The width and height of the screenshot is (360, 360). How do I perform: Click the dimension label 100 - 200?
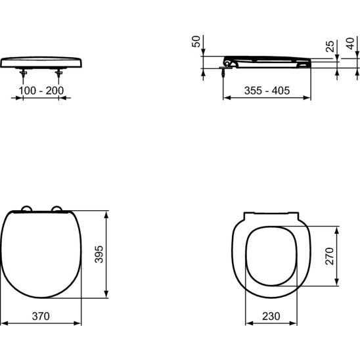(x=41, y=91)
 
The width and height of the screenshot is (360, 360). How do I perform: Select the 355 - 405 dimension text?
(x=267, y=91)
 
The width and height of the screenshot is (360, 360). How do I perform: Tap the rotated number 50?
(x=196, y=41)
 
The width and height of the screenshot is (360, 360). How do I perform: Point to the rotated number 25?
(x=330, y=46)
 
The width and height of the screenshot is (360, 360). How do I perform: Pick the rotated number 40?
(x=350, y=43)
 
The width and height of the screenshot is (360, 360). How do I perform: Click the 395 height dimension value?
(x=99, y=254)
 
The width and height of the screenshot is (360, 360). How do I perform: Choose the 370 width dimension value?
(x=41, y=316)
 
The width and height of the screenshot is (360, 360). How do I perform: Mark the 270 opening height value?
(x=330, y=256)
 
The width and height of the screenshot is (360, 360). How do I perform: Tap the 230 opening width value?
(x=271, y=316)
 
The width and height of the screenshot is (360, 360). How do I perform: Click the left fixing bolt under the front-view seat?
(x=23, y=74)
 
